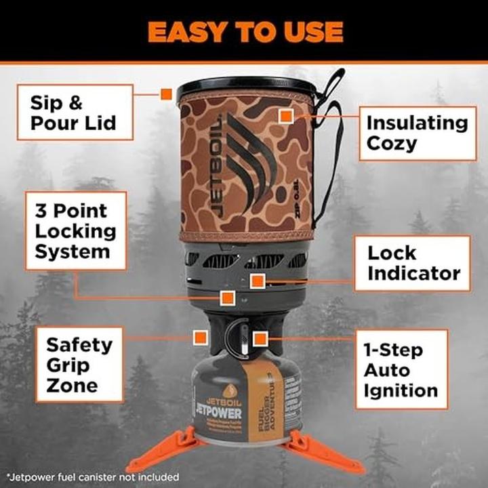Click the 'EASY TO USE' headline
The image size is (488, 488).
tap(245, 31)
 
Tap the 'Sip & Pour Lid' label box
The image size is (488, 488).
tap(75, 113)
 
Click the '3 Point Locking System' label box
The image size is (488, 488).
tap(76, 230)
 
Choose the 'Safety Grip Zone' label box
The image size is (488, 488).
tap(79, 365)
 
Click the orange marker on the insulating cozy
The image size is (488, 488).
tap(285, 117)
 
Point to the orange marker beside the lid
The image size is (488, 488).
tap(166, 94)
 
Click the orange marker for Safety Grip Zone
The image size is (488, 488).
tap(199, 337)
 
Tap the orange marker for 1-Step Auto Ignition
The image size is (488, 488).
tap(259, 338)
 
